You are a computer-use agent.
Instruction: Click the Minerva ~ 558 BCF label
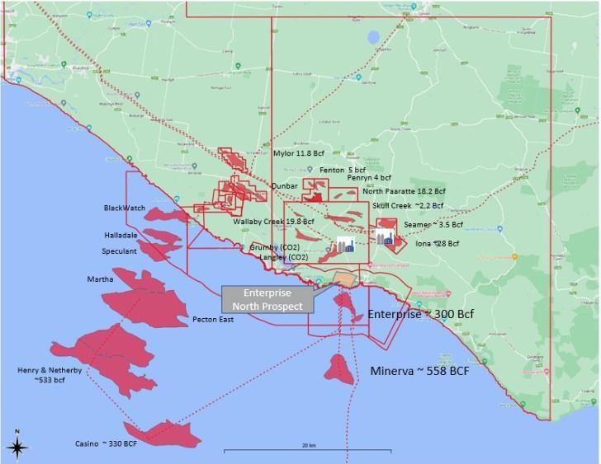coord(420,371)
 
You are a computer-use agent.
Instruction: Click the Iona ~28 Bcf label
coord(437,244)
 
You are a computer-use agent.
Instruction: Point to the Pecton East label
coord(213,319)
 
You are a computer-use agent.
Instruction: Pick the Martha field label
coord(100,280)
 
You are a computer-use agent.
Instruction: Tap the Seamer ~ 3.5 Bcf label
coord(433,224)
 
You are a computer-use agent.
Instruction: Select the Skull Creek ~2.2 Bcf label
coord(408,205)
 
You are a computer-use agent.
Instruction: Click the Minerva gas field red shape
coord(339,368)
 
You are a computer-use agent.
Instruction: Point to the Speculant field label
coord(118,251)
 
